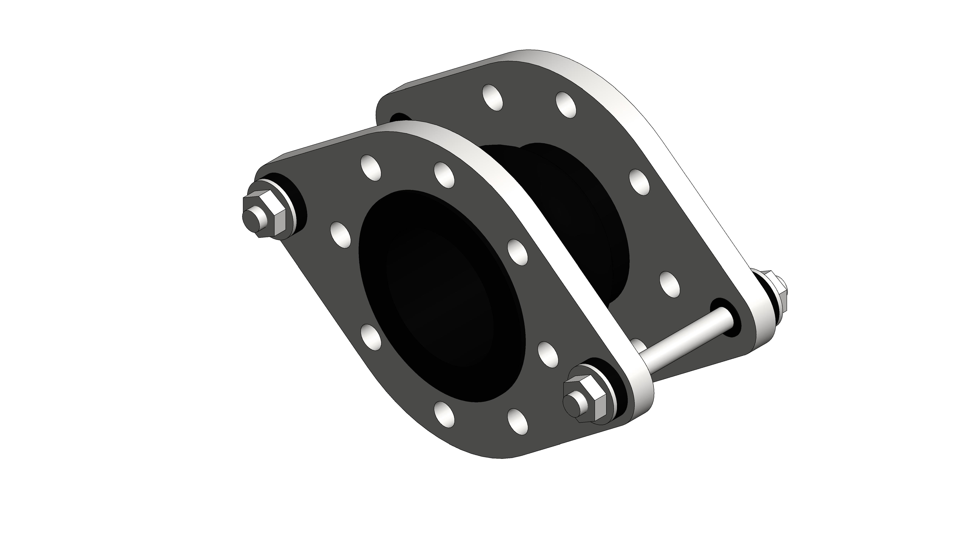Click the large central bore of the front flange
pos(442,295)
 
